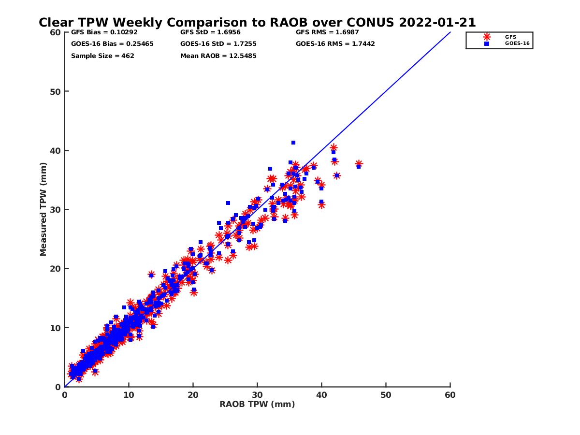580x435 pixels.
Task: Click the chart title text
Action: tap(257, 22)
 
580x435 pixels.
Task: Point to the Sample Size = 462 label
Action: tap(102, 56)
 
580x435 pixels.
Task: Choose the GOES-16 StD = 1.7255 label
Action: tap(218, 44)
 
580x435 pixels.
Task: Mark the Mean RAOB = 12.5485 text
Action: tap(218, 56)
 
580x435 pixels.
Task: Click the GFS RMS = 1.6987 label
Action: tap(327, 32)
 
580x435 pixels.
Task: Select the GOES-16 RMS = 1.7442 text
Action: tap(335, 44)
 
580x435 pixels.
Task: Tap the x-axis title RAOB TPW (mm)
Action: tap(257, 405)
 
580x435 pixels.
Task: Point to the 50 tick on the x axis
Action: tap(386, 395)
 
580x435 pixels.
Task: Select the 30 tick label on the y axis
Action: tap(56, 210)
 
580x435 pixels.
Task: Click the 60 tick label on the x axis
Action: tap(450, 395)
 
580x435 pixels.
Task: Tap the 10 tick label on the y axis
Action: tap(56, 328)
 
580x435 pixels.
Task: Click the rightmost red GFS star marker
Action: tap(359, 164)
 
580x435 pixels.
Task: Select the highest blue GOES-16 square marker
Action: tap(293, 143)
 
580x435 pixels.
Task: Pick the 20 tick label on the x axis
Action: tap(193, 395)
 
